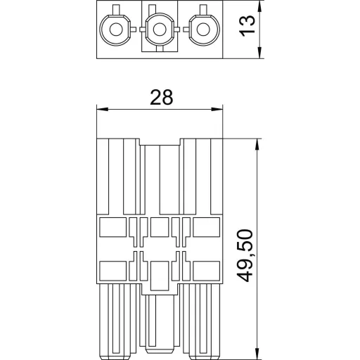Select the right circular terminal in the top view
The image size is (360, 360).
point(204,30)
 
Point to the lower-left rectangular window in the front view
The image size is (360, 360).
point(112,269)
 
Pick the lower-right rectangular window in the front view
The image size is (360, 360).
point(206,269)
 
